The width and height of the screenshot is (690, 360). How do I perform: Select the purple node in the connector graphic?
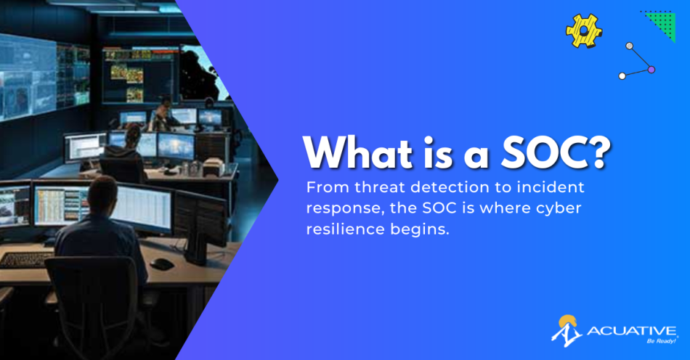point(652,70)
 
